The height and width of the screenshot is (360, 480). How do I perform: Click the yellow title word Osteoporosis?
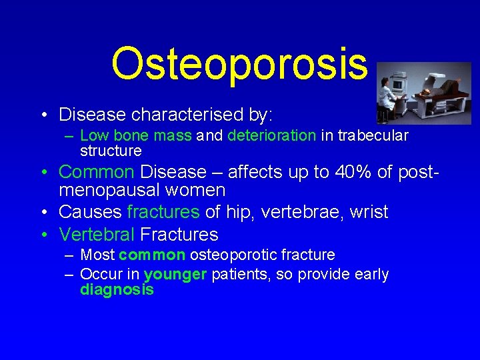239,63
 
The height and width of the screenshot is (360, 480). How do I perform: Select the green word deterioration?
271,136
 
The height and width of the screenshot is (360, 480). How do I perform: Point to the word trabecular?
373,136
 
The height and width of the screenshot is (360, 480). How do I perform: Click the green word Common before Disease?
97,172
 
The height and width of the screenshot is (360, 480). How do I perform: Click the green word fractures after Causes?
163,213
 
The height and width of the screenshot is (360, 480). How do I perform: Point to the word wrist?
367,213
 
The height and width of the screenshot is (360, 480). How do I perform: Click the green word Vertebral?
97,235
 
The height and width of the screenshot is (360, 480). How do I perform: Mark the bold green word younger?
175,275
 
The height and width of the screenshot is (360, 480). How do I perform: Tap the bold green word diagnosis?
117,290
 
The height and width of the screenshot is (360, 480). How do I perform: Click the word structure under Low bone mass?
111,151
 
